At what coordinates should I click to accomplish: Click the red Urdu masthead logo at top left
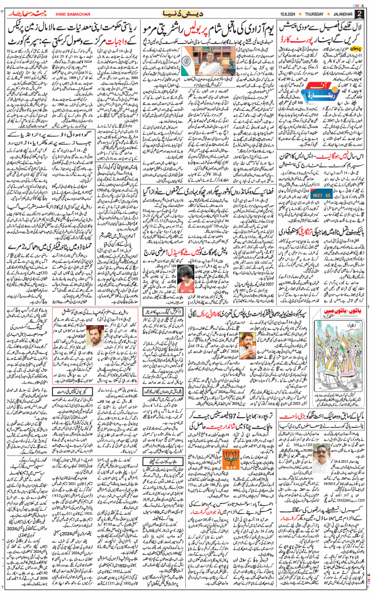pos(22,13)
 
